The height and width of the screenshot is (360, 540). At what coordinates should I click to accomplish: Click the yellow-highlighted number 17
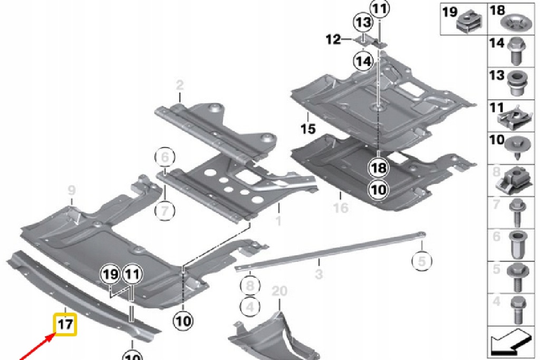point(65,325)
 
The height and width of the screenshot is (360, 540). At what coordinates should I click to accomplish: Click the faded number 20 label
point(280,291)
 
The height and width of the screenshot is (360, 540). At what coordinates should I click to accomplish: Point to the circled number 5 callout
point(421,260)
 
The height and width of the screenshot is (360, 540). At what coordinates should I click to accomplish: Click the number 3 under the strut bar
point(319,274)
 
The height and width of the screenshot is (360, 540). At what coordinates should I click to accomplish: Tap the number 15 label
point(307,128)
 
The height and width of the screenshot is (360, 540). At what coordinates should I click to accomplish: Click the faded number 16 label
point(341,208)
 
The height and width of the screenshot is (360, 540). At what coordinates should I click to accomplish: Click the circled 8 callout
point(250,286)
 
